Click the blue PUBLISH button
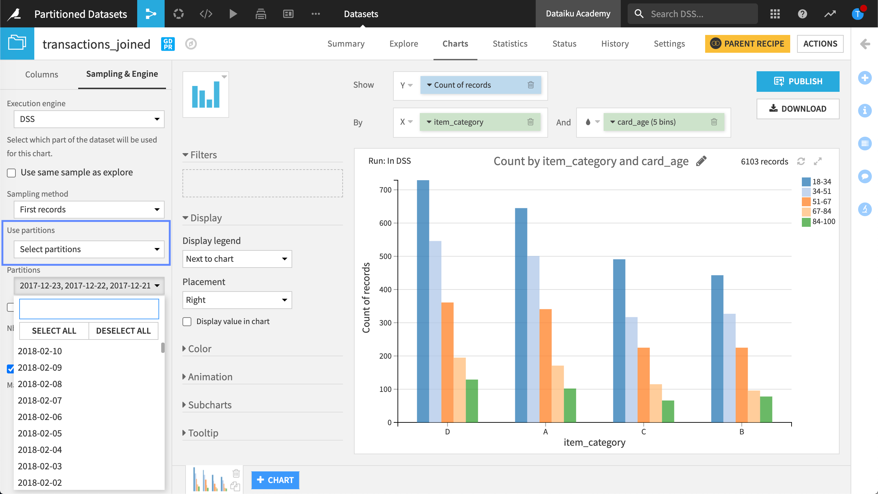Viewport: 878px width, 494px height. click(x=798, y=81)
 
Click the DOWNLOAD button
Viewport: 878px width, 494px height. click(x=798, y=109)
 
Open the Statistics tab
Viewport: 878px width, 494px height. click(x=510, y=44)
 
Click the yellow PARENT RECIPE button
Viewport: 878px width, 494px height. click(x=747, y=44)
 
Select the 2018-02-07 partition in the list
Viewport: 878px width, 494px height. click(x=40, y=400)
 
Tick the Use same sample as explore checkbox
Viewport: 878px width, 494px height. click(x=12, y=173)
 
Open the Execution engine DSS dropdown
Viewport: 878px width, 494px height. click(x=89, y=119)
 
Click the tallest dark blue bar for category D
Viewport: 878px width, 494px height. click(x=423, y=301)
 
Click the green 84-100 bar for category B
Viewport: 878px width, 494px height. click(x=766, y=409)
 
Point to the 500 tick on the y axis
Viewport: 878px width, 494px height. click(x=385, y=256)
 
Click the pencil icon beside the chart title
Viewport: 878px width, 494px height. click(x=701, y=161)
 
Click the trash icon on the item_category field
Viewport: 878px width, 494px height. click(x=530, y=122)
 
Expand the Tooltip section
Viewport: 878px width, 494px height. click(x=203, y=433)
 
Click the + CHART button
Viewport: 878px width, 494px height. click(x=275, y=480)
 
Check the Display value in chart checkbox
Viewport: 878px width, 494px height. click(x=187, y=322)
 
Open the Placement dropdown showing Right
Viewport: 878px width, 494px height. click(x=237, y=300)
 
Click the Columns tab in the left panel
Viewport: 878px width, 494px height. click(x=41, y=74)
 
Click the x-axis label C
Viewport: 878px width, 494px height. click(x=643, y=432)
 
